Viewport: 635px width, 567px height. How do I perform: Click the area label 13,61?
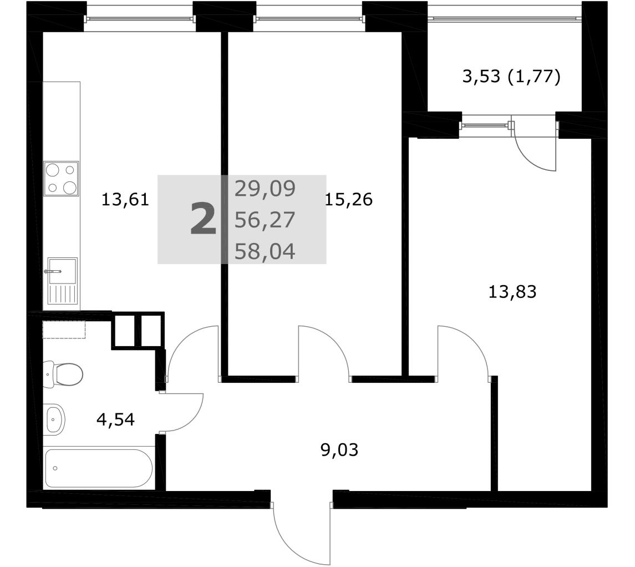coord(125,200)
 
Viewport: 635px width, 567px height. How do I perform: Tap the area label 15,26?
coord(349,200)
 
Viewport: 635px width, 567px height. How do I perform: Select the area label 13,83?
coord(512,292)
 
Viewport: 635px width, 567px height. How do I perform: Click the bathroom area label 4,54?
coord(115,419)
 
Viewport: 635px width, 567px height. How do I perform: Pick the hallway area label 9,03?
coord(339,450)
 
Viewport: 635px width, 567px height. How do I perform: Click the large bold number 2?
coord(203,219)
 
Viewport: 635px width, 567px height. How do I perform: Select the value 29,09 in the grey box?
coord(265,189)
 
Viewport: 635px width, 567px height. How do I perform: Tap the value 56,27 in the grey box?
coord(265,220)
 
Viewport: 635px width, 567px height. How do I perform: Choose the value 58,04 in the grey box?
coord(265,251)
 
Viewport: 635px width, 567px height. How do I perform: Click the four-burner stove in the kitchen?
coord(61,179)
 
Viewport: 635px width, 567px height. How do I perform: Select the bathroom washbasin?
coord(54,419)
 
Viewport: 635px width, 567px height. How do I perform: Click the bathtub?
coord(99,468)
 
